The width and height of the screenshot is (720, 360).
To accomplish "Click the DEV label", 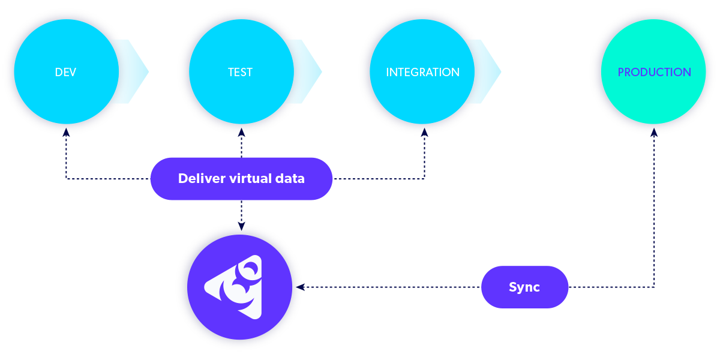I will (65, 72).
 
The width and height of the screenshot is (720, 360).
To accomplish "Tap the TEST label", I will (240, 72).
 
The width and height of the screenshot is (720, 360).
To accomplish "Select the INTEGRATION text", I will (422, 72).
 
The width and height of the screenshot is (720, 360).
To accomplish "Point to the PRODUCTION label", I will (654, 72).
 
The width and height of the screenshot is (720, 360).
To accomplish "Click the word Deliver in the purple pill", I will (202, 178).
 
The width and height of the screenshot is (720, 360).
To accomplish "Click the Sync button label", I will (524, 287).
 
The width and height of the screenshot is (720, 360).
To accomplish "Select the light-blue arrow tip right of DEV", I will (139, 71).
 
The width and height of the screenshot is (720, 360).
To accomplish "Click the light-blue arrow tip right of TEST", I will (313, 71).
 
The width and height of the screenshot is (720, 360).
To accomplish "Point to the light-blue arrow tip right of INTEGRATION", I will (493, 71).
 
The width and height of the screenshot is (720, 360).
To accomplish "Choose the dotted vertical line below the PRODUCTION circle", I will (654, 210).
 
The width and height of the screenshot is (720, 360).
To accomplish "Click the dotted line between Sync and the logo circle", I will (390, 287).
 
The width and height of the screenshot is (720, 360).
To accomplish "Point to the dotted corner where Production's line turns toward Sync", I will (654, 287).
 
